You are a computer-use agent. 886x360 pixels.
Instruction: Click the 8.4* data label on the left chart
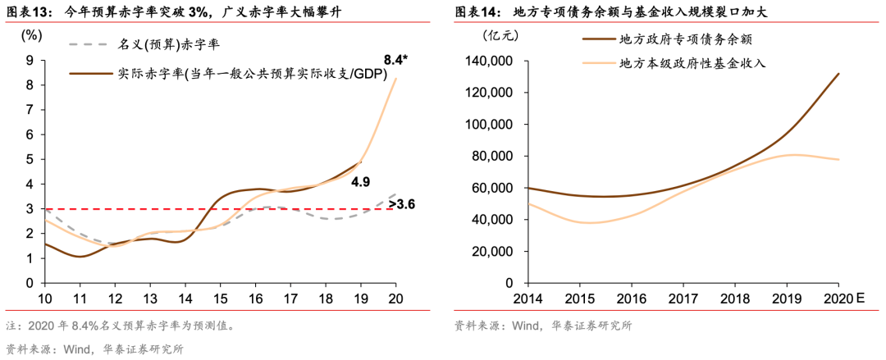400,59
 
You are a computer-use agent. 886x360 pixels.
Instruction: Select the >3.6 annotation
400,203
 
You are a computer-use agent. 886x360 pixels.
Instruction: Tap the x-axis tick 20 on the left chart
396,298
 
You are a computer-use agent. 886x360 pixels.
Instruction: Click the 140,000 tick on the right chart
489,61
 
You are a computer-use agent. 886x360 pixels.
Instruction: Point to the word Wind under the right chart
526,326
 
